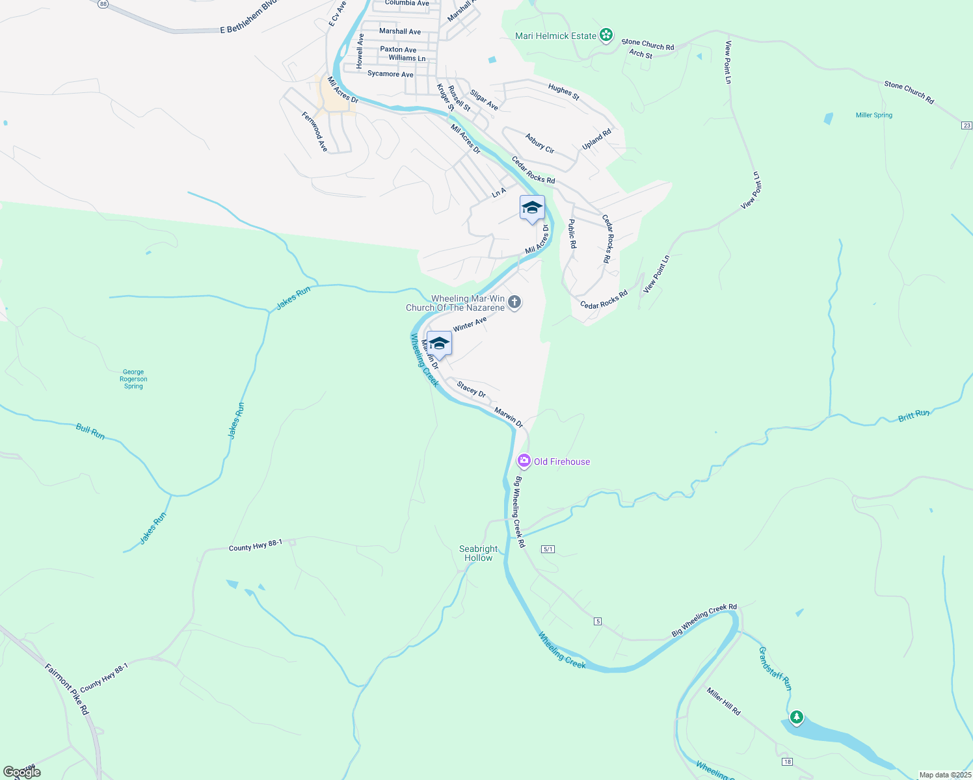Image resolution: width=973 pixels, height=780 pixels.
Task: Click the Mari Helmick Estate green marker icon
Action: coord(606,35)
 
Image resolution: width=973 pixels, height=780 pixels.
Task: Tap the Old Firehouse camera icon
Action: coord(524,461)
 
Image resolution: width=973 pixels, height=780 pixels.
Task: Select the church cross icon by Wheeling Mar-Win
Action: coord(514,302)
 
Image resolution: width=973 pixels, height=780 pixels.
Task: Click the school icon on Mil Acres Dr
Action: coord(532,208)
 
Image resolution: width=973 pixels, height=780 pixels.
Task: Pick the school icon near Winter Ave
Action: coord(439,344)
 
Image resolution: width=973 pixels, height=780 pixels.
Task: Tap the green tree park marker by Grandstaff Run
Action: coord(796,718)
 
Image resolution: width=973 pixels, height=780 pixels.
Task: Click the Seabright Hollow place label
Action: coord(478,553)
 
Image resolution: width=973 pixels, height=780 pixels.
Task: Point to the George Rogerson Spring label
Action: coord(133,379)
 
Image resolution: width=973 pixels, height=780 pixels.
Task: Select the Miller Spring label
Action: coord(873,115)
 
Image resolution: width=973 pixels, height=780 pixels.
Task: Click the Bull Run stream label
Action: coord(90,432)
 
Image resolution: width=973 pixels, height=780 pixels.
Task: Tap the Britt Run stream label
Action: coord(914,415)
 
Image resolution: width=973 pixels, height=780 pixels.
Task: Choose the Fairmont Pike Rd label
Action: coord(66,689)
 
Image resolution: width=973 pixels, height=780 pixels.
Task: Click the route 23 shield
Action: coord(966,125)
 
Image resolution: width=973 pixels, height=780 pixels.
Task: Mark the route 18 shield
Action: coord(787,762)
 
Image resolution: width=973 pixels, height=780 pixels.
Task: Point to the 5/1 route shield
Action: coord(548,549)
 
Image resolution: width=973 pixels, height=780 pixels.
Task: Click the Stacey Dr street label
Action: coord(471,390)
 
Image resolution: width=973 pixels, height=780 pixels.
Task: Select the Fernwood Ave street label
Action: coord(315,132)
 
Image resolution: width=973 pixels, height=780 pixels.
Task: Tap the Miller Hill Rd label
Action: coord(723,702)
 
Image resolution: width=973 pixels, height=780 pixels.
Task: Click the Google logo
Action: coord(22,772)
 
